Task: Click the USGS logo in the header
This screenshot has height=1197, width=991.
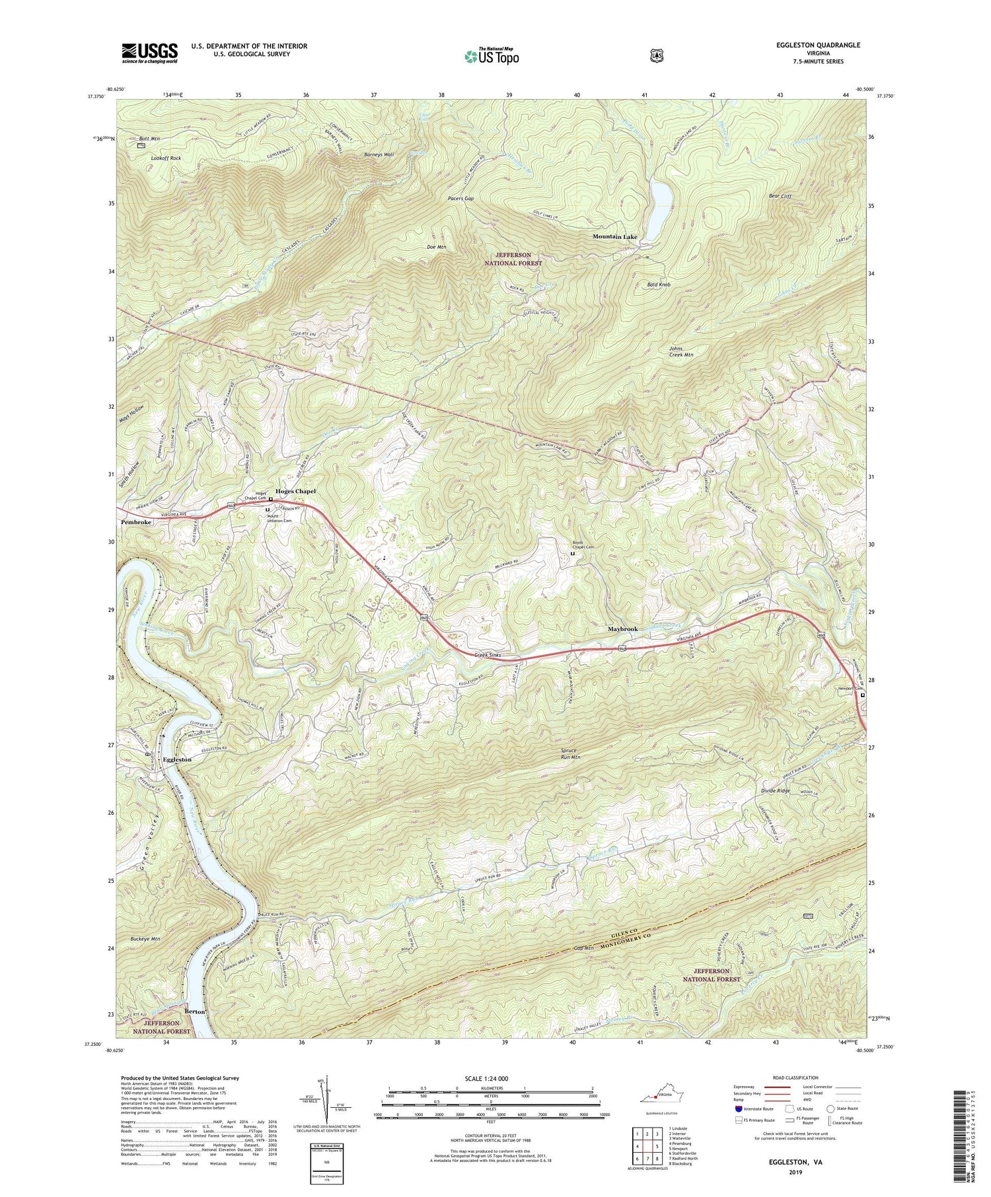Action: coord(149,53)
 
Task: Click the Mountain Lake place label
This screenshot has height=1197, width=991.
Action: coord(614,236)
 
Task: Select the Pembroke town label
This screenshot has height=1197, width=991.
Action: coord(136,522)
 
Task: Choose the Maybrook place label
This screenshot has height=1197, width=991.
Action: coord(622,629)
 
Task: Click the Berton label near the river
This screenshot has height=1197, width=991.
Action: coord(195,1011)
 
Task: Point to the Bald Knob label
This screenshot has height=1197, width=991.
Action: coord(659,285)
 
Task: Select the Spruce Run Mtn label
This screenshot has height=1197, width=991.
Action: coord(566,754)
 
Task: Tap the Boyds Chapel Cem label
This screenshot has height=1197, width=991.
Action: coord(583,545)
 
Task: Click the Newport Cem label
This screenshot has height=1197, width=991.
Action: coord(850,689)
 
